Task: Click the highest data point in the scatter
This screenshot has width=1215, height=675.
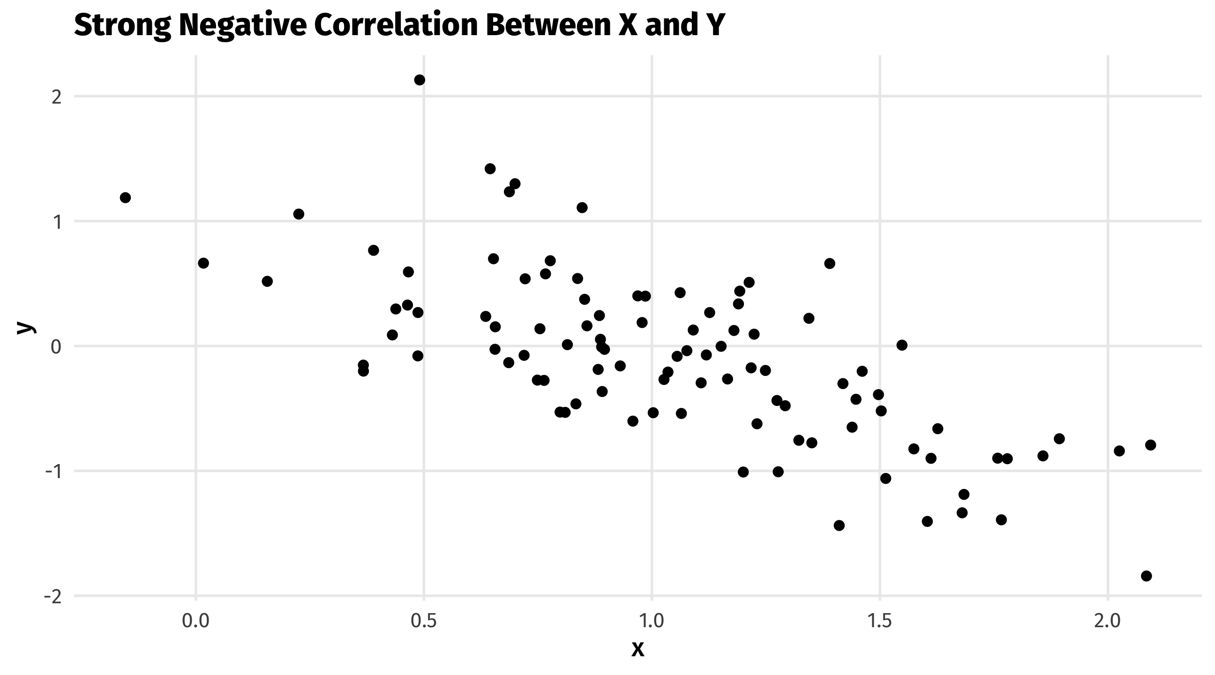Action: point(420,80)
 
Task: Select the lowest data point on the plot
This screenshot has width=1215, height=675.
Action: point(1146,576)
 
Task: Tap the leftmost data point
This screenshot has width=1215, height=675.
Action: point(125,198)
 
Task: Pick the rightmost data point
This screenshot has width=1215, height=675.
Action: point(1150,445)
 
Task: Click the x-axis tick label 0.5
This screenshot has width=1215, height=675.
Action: point(424,621)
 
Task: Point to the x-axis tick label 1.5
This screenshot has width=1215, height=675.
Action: point(880,621)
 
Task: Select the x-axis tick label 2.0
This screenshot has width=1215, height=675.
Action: point(1108,621)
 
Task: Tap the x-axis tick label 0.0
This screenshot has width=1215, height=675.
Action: point(196,621)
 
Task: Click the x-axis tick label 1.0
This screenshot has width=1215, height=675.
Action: point(652,621)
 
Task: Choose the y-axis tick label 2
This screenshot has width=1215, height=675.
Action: point(57,97)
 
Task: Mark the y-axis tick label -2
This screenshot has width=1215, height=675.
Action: point(52,597)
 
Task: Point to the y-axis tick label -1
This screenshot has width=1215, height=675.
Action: point(52,472)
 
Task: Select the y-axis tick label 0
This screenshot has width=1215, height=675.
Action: point(57,347)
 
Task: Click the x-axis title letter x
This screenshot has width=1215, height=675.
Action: point(637,650)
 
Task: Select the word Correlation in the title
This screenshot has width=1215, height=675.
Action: point(396,24)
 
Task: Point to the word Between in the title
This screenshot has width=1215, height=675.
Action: point(548,24)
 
